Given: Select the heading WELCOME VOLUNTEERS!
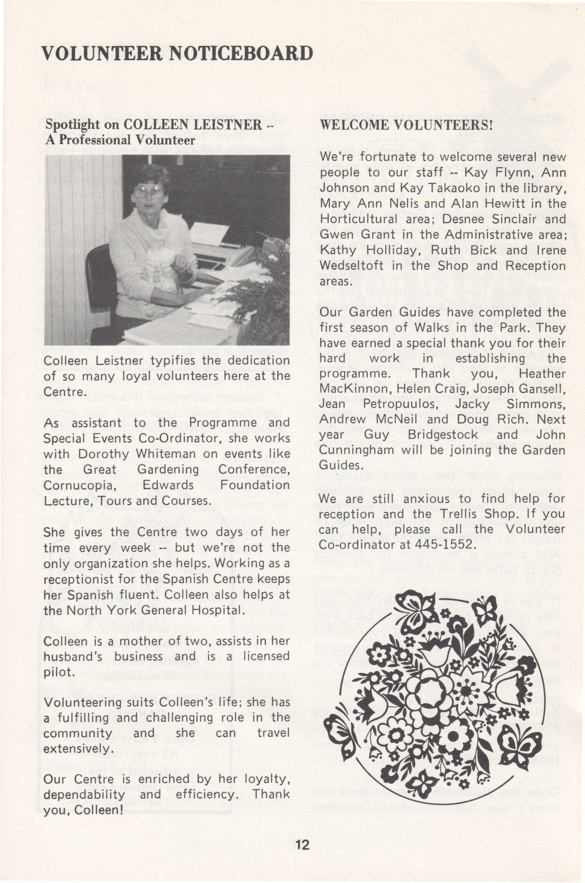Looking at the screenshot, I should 407,125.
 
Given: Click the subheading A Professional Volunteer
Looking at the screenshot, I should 120,140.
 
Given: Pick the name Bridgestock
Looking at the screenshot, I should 443,435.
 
